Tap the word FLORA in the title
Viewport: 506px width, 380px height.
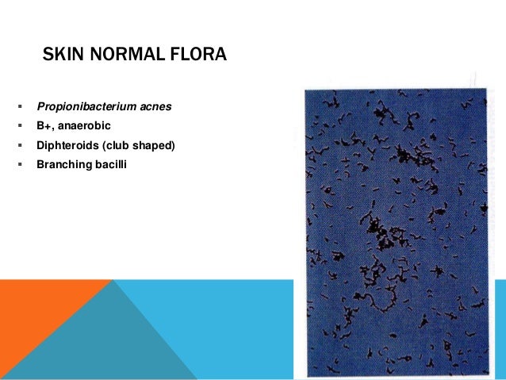[197, 56]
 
